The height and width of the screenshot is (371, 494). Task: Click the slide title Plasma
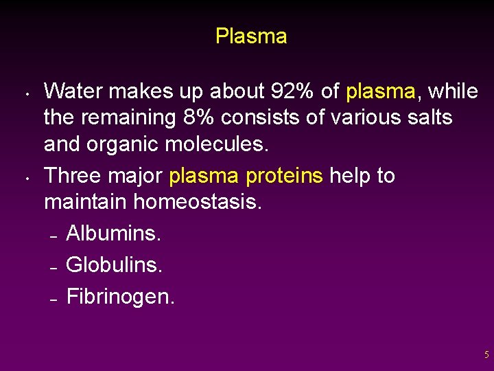pyautogui.click(x=251, y=36)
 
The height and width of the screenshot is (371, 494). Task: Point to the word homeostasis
pyautogui.click(x=198, y=203)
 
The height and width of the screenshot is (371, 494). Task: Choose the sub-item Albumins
pyautogui.click(x=114, y=234)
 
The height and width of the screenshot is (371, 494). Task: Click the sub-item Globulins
pyautogui.click(x=115, y=265)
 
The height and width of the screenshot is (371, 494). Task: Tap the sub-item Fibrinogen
pyautogui.click(x=121, y=296)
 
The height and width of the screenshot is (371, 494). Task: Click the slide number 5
pyautogui.click(x=486, y=355)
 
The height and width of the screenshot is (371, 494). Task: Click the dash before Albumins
pyautogui.click(x=53, y=236)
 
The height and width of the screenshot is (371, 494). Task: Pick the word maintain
pyautogui.click(x=86, y=203)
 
